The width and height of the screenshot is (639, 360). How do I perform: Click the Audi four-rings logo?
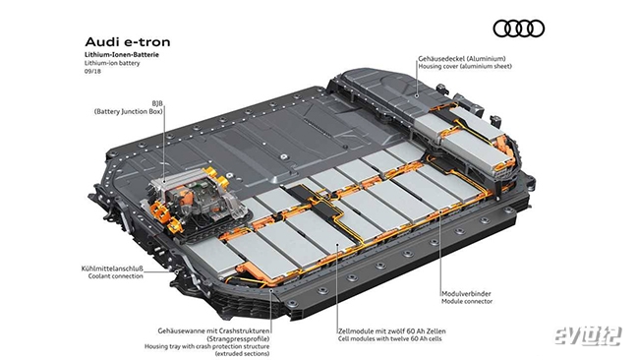519,29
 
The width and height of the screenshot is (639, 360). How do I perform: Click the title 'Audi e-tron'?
128,42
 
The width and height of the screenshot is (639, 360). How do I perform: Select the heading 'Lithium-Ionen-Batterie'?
122,55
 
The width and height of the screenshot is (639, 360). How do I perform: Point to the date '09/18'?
92,72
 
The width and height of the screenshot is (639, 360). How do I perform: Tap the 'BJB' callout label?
157,103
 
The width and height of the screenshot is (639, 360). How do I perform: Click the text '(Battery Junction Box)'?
129,111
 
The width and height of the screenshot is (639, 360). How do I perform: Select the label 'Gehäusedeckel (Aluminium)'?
462,59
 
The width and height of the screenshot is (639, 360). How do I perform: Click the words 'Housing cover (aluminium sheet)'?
465,66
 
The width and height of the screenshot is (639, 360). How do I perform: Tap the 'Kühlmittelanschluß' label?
112,269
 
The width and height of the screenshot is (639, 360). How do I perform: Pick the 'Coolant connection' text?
116,276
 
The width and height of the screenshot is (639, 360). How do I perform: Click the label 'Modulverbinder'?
466,293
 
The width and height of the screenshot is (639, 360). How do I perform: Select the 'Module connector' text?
467,301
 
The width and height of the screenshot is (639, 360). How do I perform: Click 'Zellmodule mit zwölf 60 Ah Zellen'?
391,331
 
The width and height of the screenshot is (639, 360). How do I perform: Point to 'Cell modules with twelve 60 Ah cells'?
390,338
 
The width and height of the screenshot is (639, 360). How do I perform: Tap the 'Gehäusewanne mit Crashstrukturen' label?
213,331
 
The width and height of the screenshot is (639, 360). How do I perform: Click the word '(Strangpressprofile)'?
238,338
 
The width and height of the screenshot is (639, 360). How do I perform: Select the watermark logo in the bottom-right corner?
588,336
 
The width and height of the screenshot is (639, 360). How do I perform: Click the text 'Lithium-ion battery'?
112,63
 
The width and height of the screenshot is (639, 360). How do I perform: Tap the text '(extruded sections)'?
242,354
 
